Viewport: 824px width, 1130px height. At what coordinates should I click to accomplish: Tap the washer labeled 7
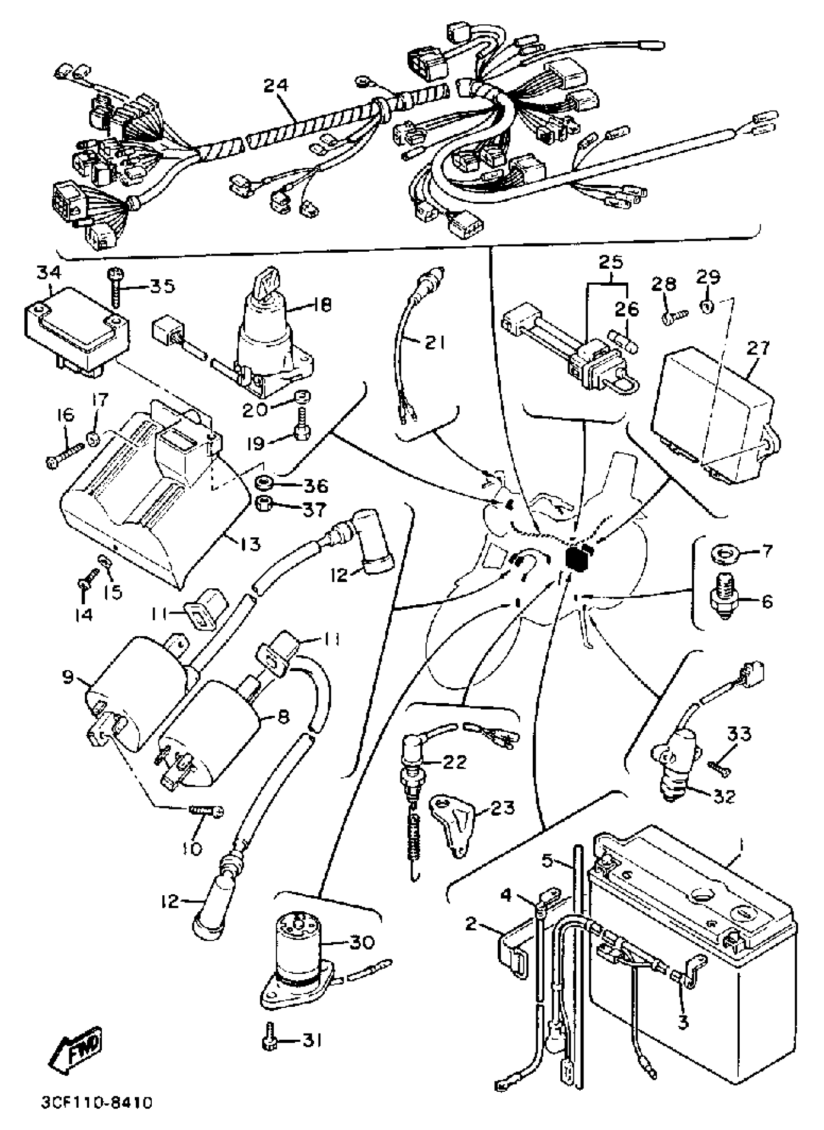pyautogui.click(x=720, y=554)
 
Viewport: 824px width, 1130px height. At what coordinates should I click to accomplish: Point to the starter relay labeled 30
pyautogui.click(x=298, y=954)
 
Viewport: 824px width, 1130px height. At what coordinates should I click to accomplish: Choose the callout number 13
pyautogui.click(x=248, y=544)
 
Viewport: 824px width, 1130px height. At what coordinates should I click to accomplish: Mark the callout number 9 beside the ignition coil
pyautogui.click(x=67, y=678)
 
